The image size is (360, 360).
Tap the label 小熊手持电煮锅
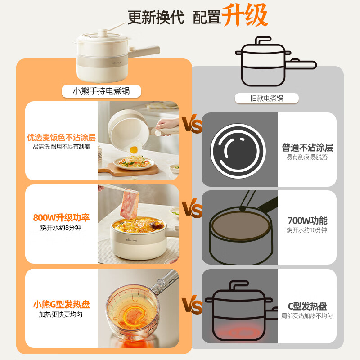point(101,91)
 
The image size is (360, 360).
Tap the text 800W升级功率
point(61,218)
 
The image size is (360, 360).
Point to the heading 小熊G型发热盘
point(61,305)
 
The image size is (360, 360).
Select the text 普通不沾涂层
point(307,148)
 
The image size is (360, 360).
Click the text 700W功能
point(307,220)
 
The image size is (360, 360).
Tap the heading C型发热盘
point(307,306)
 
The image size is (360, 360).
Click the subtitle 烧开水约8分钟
point(61,228)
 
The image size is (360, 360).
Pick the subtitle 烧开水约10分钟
point(307,230)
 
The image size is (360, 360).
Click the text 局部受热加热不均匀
point(307,316)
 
